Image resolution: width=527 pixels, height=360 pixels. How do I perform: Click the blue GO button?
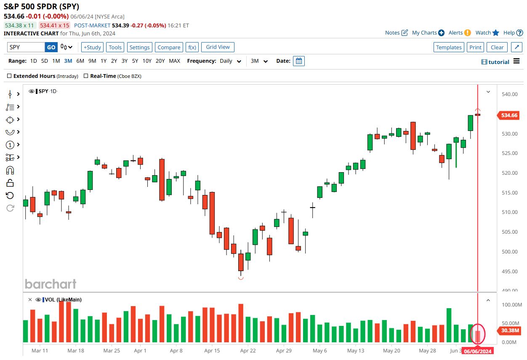pos(51,47)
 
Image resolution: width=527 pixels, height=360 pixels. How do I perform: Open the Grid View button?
pos(218,47)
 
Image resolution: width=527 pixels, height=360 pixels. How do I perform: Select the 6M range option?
pos(80,61)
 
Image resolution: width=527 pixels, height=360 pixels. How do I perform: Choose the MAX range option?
pos(174,61)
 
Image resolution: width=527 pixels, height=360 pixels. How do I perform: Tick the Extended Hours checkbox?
pos(10,76)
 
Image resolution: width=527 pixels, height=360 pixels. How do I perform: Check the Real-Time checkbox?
pos(86,76)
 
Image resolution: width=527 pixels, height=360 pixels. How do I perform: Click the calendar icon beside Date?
pos(298,61)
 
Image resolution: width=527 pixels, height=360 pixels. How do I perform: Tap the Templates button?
pos(449,48)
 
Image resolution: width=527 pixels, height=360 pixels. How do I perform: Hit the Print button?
pos(475,48)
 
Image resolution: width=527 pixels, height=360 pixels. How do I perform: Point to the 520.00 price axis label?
pos(509,173)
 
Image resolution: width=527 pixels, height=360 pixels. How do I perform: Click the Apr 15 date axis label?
pos(212,351)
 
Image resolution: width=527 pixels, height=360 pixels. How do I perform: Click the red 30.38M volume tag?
pos(509,330)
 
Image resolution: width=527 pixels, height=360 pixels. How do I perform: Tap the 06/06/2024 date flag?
pos(478,351)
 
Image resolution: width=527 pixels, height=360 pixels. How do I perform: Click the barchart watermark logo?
pos(51,284)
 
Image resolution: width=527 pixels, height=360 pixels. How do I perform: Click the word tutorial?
pos(499,62)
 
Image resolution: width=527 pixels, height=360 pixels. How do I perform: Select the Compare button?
pos(169,48)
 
